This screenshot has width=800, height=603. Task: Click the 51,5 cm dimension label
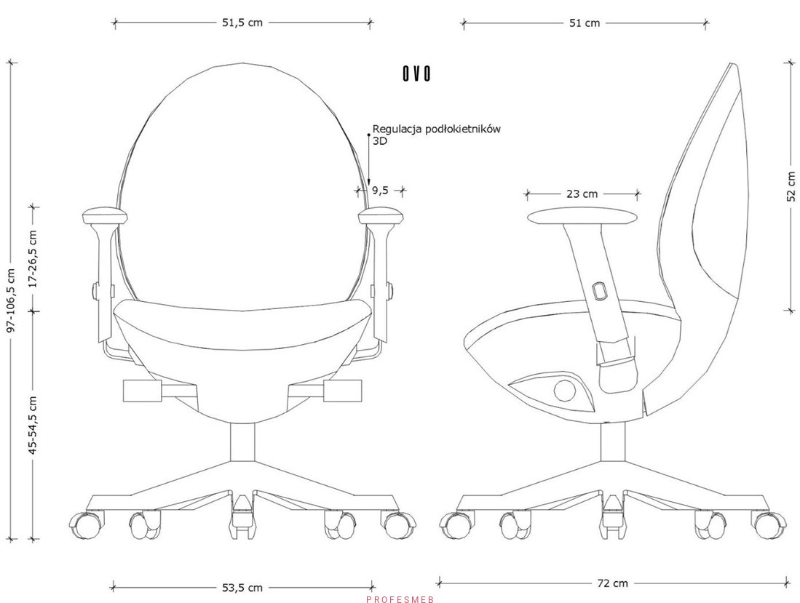(x=242, y=23)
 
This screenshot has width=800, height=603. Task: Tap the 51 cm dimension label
(x=585, y=23)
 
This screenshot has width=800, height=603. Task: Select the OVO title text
(x=416, y=74)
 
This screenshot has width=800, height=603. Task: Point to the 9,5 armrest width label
(x=380, y=191)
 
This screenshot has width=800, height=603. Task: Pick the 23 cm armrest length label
(x=582, y=193)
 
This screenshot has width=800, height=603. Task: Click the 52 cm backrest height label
(x=791, y=186)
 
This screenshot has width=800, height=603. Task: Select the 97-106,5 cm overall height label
(x=12, y=300)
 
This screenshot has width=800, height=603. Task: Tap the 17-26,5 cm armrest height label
(x=33, y=259)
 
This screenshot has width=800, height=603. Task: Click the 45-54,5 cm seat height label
(x=33, y=425)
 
